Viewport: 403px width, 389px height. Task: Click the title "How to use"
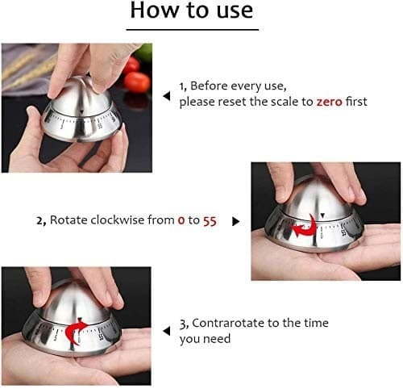click(191, 12)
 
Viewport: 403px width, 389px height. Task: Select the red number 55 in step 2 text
click(209, 220)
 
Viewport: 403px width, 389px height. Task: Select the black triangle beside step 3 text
click(167, 330)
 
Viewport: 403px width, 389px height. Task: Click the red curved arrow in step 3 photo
click(77, 331)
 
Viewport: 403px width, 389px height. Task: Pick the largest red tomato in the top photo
click(137, 82)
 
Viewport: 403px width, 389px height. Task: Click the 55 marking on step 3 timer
click(102, 336)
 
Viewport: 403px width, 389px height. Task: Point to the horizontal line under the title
click(191, 30)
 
